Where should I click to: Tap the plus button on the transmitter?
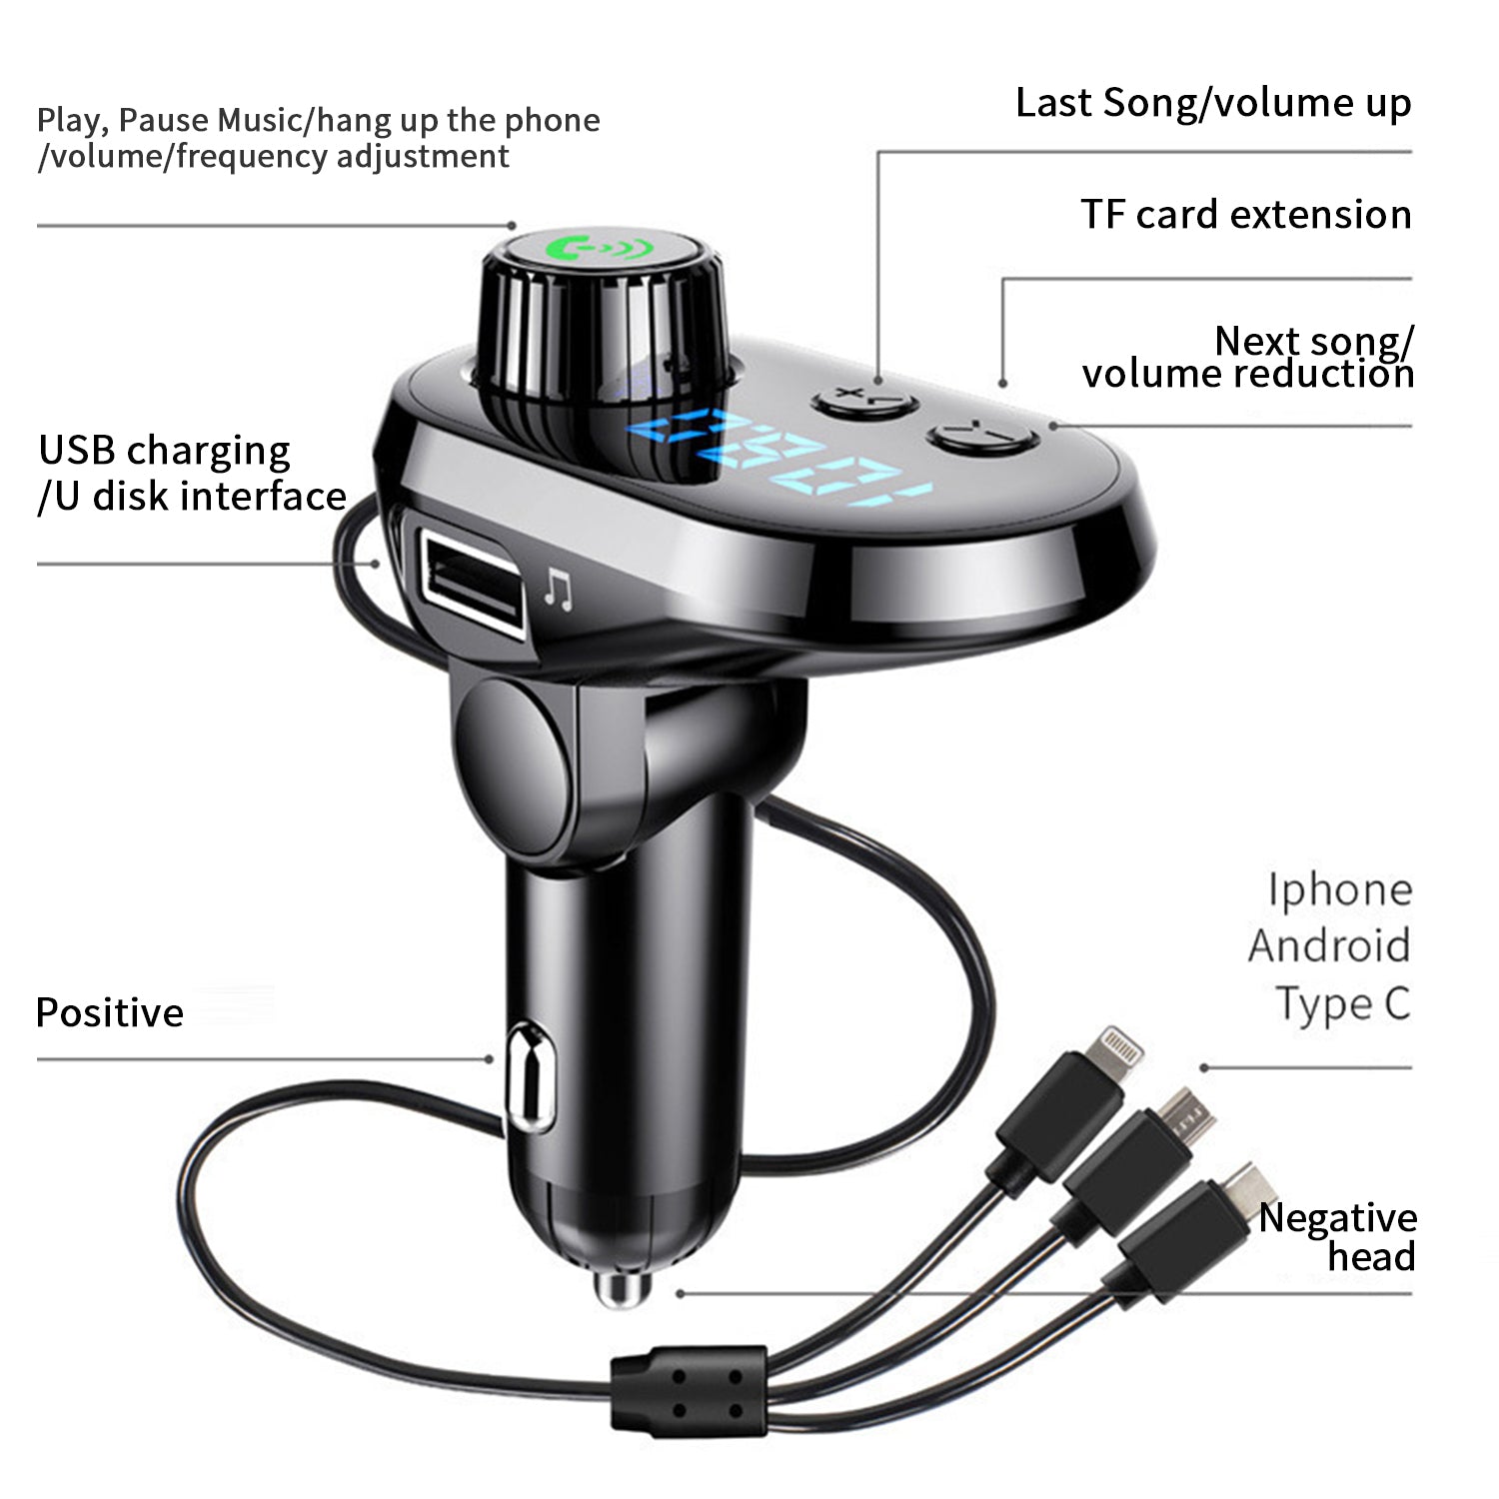point(864,402)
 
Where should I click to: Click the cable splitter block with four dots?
point(690,1391)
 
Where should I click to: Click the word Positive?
point(110,1013)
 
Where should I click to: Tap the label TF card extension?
point(1246,215)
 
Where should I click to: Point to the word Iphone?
point(1340,888)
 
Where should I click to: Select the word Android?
point(1330,945)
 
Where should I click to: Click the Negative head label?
point(1337,1237)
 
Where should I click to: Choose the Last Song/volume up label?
point(1213,104)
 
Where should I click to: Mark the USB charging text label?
point(164,452)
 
